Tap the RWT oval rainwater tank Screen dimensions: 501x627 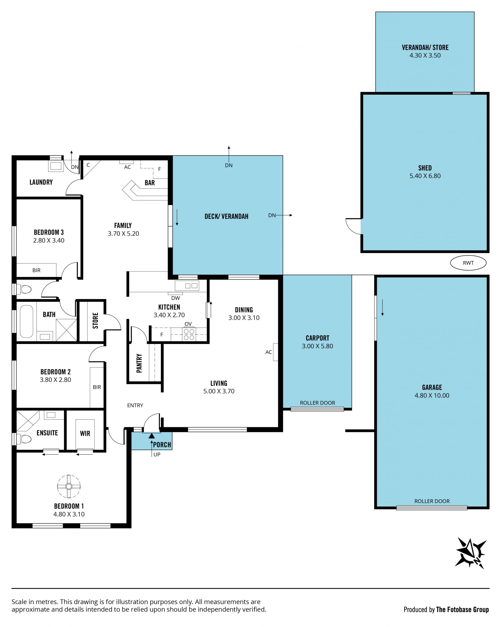click(x=468, y=263)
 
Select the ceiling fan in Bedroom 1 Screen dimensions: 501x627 click(x=69, y=486)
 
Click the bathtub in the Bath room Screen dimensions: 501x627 click(x=26, y=321)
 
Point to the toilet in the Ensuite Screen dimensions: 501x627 click(x=24, y=439)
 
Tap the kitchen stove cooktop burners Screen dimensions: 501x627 click(x=189, y=334)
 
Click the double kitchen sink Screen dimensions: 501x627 click(x=191, y=286)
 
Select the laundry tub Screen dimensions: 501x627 click(x=56, y=166)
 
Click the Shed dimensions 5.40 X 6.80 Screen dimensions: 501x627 click(x=425, y=176)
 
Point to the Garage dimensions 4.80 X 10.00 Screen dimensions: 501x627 click(x=432, y=395)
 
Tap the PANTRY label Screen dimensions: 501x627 click(x=139, y=363)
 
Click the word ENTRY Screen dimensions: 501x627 click(x=135, y=405)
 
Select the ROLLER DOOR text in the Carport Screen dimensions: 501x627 click(x=317, y=403)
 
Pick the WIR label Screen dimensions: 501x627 click(x=85, y=434)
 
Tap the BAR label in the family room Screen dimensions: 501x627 click(x=150, y=183)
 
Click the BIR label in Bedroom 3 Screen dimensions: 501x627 click(x=36, y=270)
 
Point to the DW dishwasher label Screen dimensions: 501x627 click(x=175, y=298)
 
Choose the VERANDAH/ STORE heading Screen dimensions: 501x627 click(x=425, y=47)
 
